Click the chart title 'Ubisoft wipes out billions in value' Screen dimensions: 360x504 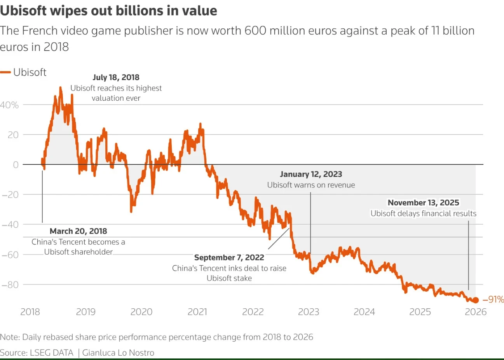108,10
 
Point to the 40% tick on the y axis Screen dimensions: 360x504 9,105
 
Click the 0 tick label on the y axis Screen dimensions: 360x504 16,165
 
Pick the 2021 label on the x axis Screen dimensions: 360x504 197,312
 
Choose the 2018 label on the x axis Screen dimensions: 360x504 30,312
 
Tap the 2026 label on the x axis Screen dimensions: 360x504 476,312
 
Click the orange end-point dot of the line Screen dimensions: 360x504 475,300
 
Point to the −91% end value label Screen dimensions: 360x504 493,300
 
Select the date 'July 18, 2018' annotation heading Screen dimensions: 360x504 116,77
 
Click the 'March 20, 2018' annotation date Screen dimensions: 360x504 78,231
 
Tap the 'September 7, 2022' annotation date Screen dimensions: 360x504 229,257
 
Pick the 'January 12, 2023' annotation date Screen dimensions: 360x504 311,174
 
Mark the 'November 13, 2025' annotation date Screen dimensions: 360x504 423,203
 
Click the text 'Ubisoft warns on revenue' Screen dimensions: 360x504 311,185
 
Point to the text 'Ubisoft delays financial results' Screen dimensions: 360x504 423,213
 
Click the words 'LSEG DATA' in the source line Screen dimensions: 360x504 51,353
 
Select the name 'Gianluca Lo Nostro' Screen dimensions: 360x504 118,353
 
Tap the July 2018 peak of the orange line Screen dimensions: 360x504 60,87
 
